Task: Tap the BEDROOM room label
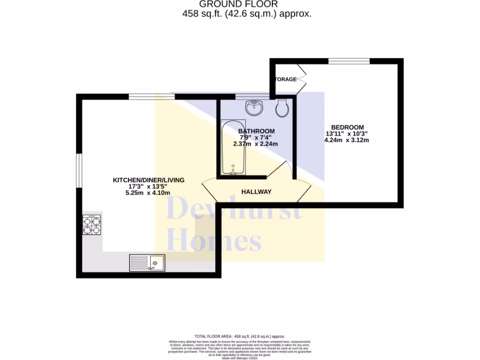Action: click(x=347, y=127)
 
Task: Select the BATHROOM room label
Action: click(x=256, y=131)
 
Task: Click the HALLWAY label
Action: click(x=256, y=192)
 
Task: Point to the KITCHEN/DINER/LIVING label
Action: click(x=149, y=180)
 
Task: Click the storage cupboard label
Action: click(x=286, y=79)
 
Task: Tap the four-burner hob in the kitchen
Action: click(x=92, y=225)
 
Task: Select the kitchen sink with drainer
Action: click(x=147, y=262)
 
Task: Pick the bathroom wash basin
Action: click(x=254, y=107)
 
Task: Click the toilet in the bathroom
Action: click(x=282, y=109)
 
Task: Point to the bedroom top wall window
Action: click(x=348, y=61)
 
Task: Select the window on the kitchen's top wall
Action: click(x=151, y=97)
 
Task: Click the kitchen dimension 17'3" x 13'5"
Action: click(x=148, y=187)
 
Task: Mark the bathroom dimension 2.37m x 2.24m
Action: click(x=255, y=144)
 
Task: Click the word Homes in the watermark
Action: click(x=214, y=241)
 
